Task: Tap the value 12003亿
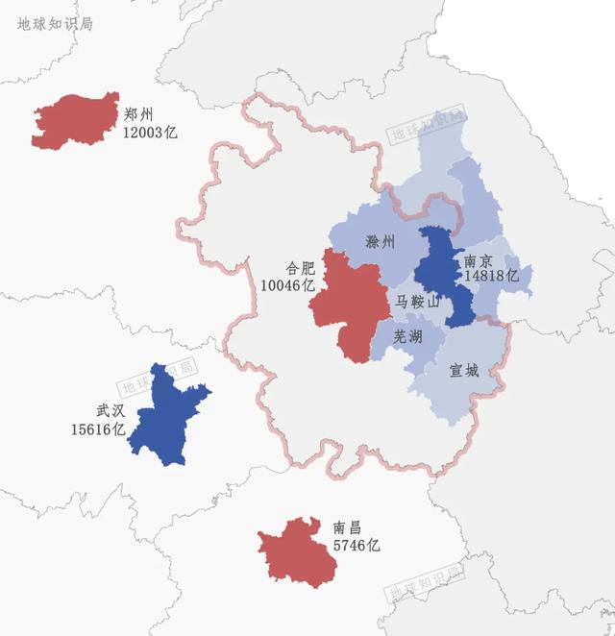150,132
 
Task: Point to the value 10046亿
287,285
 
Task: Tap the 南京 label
479,259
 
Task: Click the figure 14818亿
491,276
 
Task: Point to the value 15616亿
98,428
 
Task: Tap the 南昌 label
347,527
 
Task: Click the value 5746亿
357,545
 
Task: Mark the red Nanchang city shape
297,549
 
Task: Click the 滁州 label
381,242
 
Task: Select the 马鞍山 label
418,303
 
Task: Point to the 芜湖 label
407,336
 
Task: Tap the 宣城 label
463,370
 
